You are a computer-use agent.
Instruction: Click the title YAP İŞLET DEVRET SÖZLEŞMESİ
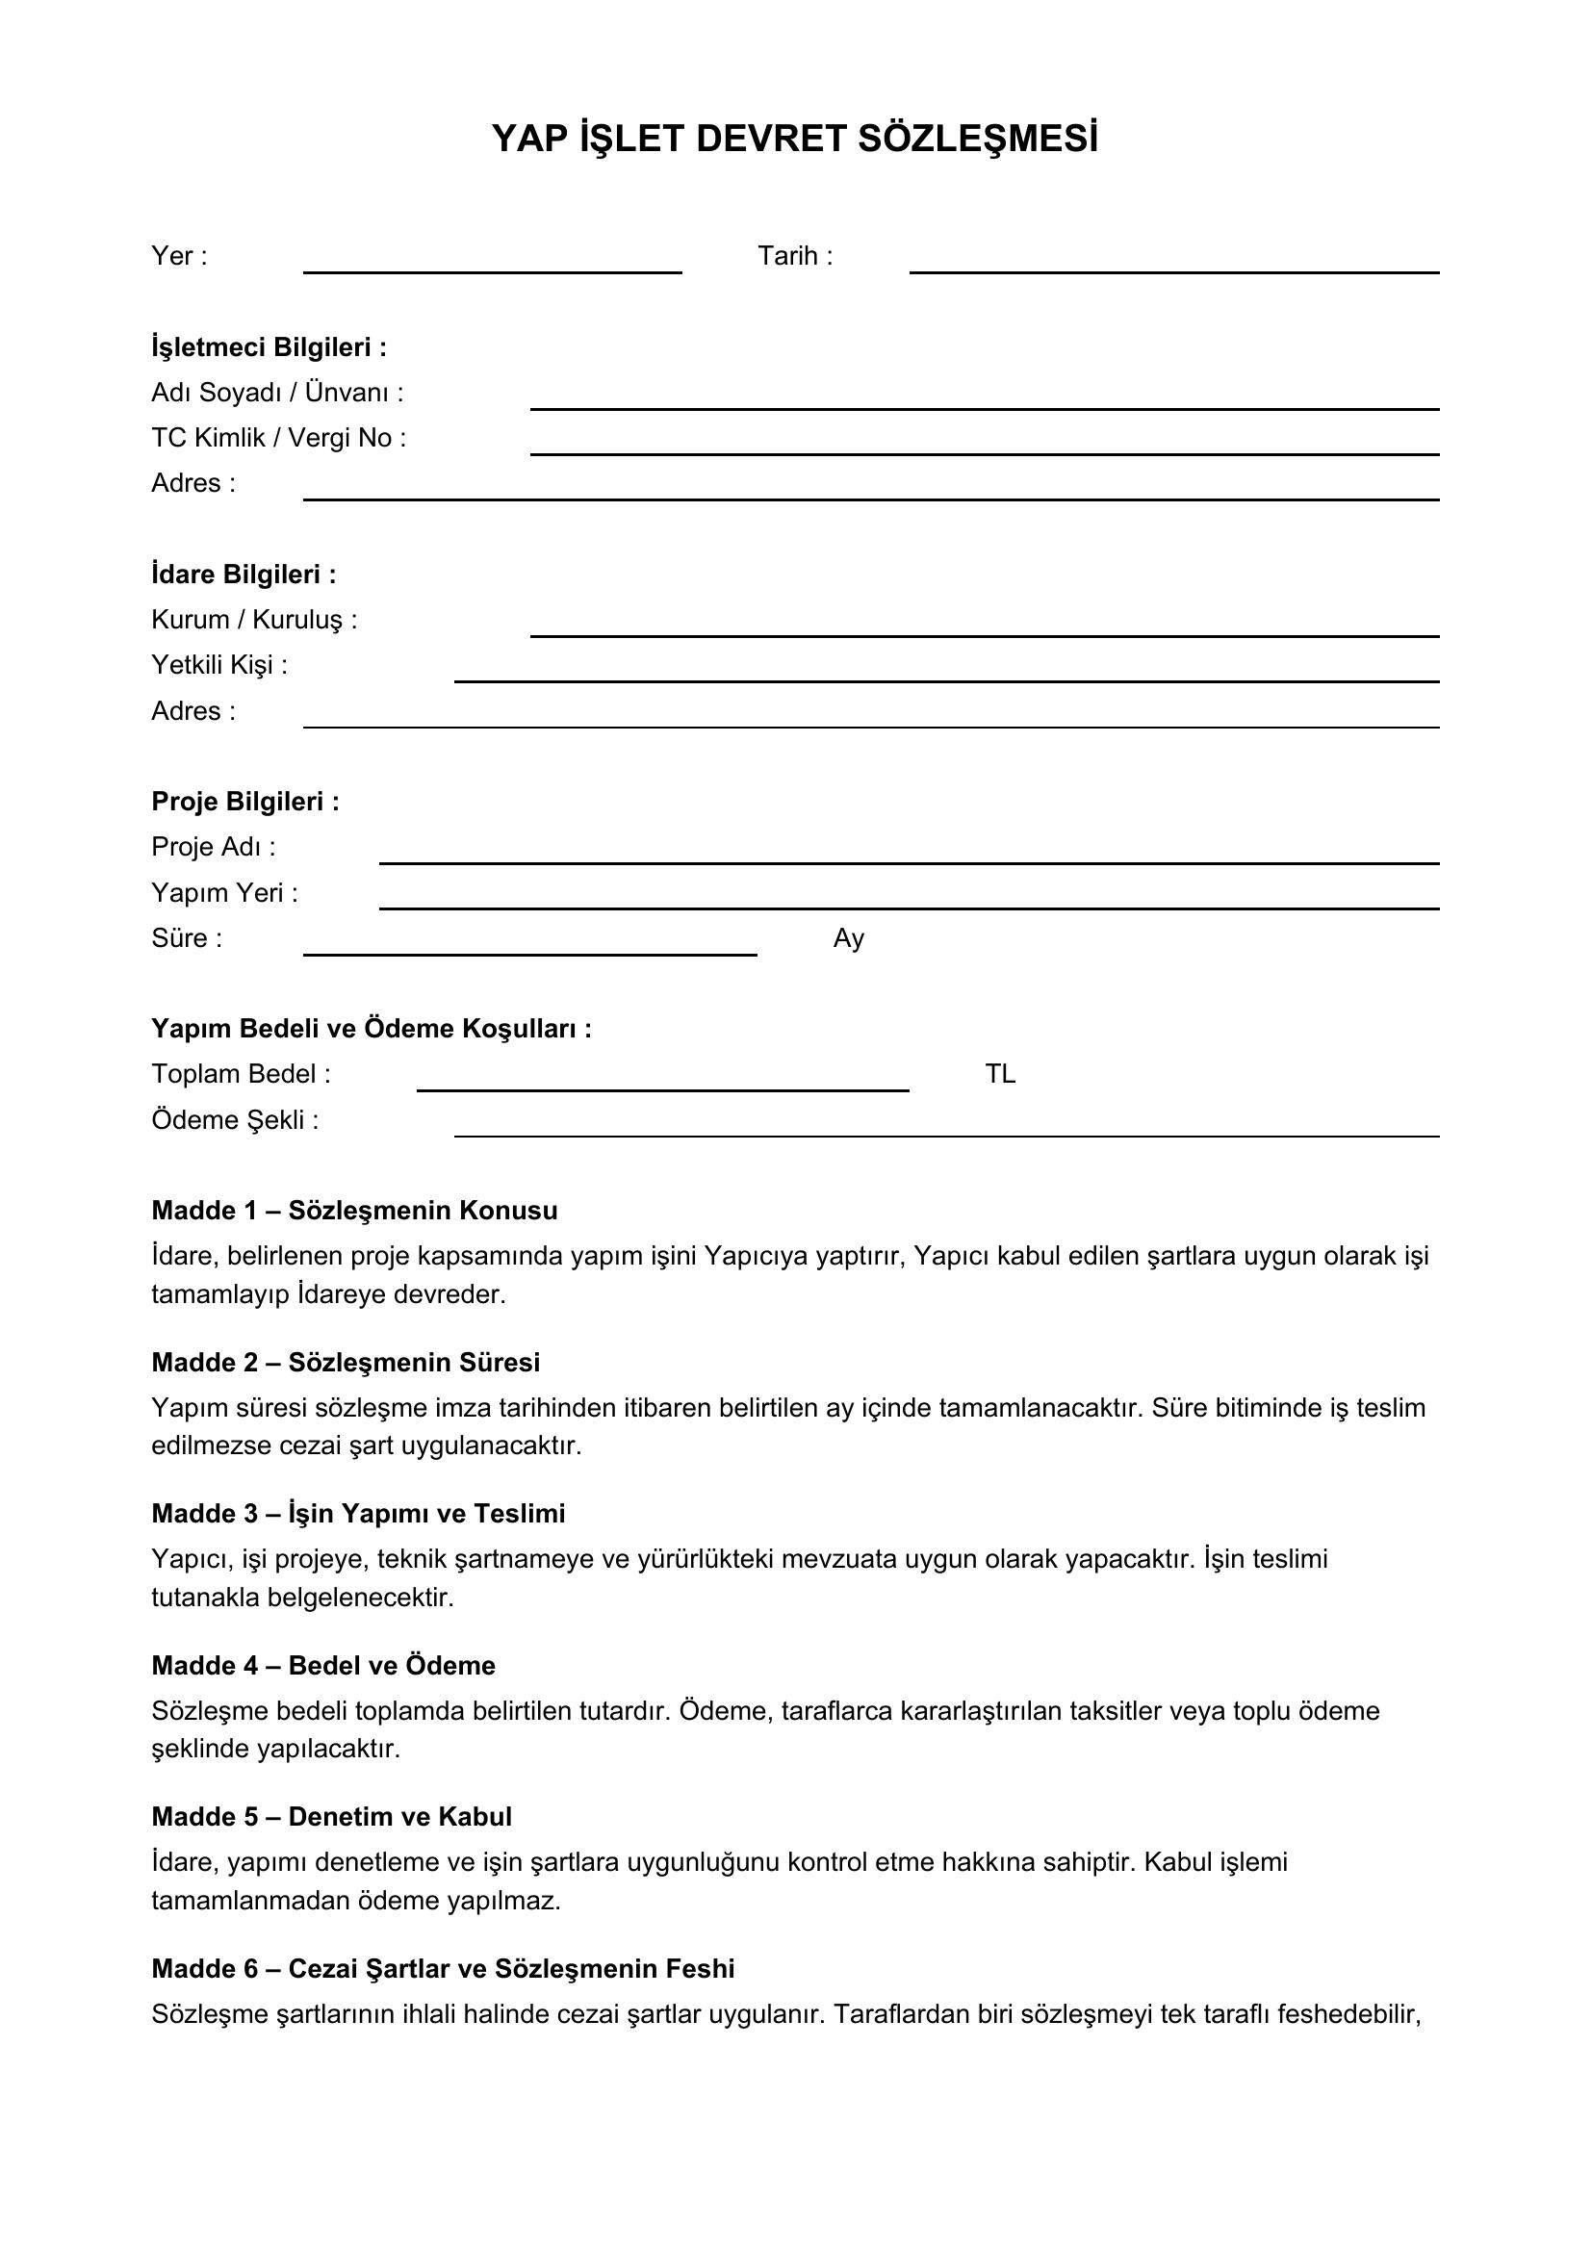coord(794,140)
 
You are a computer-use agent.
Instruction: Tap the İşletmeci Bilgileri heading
coord(269,347)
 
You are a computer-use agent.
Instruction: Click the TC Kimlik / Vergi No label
coord(278,438)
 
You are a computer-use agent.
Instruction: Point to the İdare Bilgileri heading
coord(244,575)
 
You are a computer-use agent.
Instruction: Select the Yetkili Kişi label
coord(219,666)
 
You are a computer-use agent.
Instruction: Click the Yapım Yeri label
coord(224,893)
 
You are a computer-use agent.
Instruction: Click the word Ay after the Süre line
coord(848,939)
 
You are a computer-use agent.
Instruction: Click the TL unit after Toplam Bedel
coord(1000,1075)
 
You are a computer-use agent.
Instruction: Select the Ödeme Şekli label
coord(235,1120)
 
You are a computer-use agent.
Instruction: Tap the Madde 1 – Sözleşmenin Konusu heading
coord(354,1211)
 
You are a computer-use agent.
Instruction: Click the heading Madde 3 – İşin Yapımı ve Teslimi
coord(358,1514)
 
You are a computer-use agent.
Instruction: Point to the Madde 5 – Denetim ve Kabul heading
coord(331,1817)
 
